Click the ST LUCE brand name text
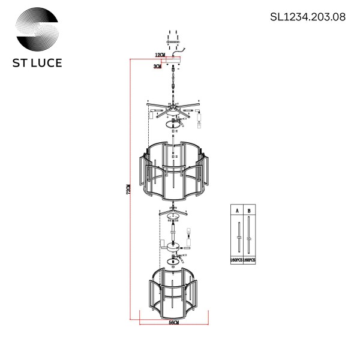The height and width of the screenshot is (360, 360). (x=38, y=62)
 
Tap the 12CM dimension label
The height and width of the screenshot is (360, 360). (x=160, y=55)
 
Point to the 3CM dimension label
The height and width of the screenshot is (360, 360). (x=157, y=67)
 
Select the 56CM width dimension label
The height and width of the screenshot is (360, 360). (x=174, y=323)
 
